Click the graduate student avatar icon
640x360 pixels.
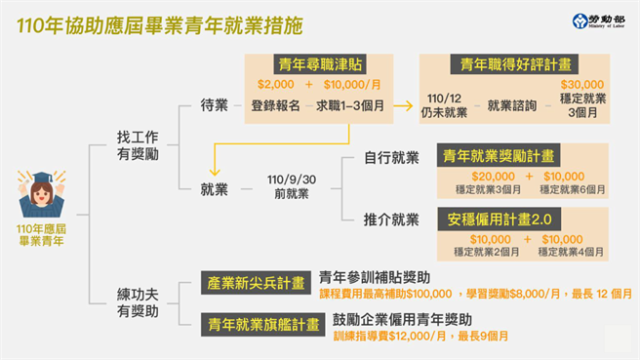(42, 194)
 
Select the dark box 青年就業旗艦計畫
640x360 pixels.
(254, 323)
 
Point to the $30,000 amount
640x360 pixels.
(581, 86)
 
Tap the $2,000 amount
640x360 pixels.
(275, 85)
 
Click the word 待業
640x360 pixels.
(215, 105)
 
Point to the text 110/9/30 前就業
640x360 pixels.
(289, 187)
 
